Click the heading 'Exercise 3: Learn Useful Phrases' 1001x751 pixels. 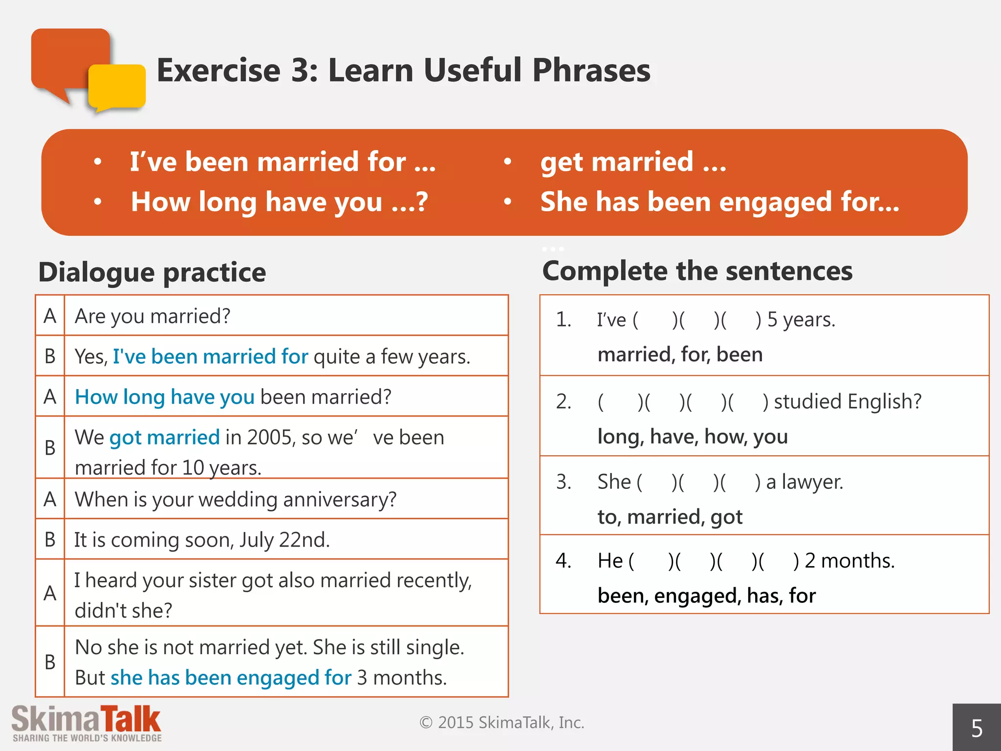[x=403, y=70]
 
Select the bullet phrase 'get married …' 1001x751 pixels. [x=633, y=162]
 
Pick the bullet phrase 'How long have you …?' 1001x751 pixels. [x=279, y=202]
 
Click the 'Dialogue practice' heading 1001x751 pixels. [x=152, y=272]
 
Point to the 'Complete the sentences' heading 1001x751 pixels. [x=697, y=271]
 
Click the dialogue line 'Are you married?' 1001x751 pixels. [x=152, y=316]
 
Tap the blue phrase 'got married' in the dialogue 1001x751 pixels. [x=165, y=437]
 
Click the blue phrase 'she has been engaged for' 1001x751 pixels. [x=231, y=678]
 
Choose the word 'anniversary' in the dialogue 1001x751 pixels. [x=339, y=500]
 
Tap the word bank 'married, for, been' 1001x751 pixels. [x=680, y=354]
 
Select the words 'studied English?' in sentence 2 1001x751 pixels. [x=848, y=401]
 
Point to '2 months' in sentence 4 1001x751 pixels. [x=849, y=561]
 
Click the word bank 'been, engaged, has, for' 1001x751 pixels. [x=706, y=596]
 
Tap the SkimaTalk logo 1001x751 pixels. [x=87, y=723]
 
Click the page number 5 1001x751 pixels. [x=977, y=729]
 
